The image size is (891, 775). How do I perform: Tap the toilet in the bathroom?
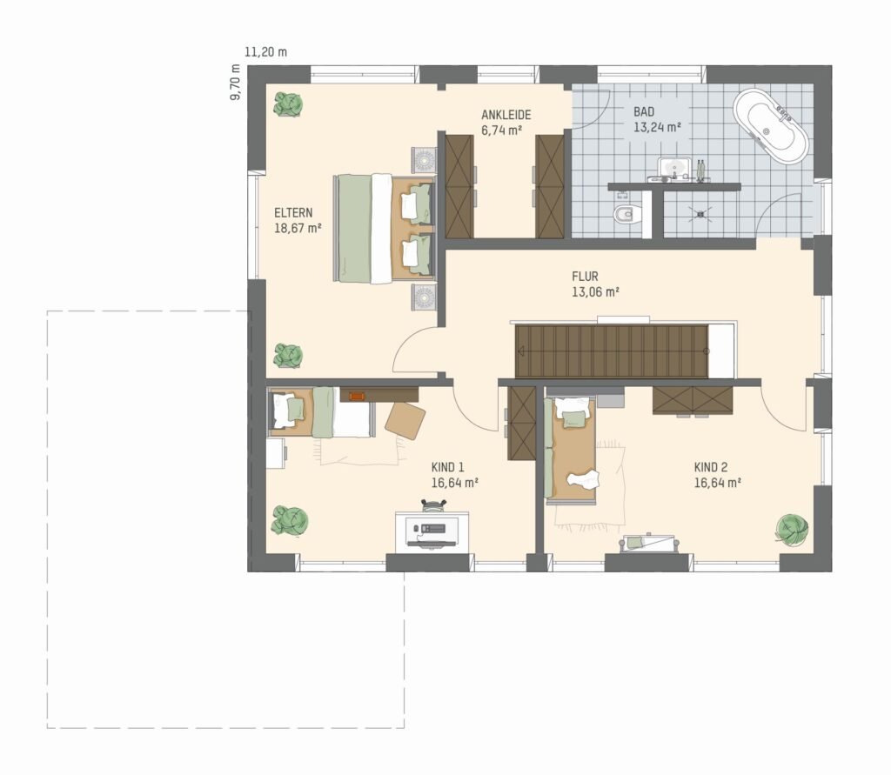pos(626,214)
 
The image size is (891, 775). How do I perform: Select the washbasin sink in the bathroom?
pos(674,168)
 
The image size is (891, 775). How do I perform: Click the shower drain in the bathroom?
pos(701,214)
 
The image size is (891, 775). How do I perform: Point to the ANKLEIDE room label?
pos(506,115)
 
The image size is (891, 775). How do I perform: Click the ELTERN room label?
pos(293,213)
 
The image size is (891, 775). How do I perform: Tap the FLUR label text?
pos(586,277)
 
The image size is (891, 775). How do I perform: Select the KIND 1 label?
pos(448,468)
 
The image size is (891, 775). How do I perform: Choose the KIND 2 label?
pos(711,468)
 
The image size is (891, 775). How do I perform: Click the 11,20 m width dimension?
pos(266,52)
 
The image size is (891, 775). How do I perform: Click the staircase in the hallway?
pos(612,351)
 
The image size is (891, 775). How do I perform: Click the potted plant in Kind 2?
pos(792,530)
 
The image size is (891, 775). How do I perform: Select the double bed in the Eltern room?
pos(385,228)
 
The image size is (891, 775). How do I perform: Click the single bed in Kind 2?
pos(570,450)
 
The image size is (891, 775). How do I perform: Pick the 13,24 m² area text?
pos(658,127)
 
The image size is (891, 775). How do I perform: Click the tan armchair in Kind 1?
pos(405,420)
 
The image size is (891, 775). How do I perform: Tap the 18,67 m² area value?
pos(298,229)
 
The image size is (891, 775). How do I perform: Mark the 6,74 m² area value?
pos(502,130)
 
